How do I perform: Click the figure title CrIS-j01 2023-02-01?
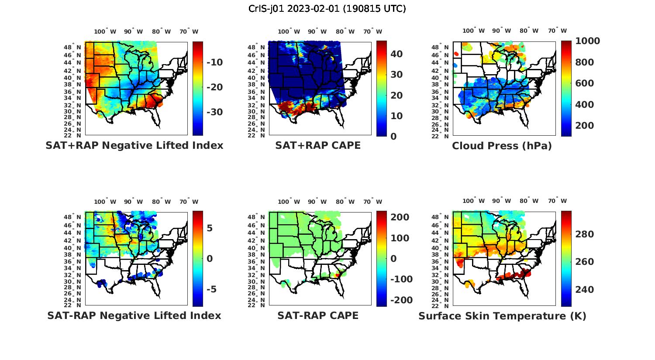327,9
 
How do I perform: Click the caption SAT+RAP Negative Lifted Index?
134,145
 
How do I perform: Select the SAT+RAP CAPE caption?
318,145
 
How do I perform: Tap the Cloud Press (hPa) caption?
502,146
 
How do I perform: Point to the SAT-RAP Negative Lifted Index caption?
134,315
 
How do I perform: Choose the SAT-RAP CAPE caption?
318,315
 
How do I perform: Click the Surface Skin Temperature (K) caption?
502,316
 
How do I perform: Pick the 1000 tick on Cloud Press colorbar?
587,41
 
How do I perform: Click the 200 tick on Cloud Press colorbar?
585,126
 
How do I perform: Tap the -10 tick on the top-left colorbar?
214,62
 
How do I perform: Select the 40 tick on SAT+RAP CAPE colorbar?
396,54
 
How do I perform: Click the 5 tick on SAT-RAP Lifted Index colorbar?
210,228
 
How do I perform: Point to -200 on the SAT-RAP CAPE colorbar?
401,300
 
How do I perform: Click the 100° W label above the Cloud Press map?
474,31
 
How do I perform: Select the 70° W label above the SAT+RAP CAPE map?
373,31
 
